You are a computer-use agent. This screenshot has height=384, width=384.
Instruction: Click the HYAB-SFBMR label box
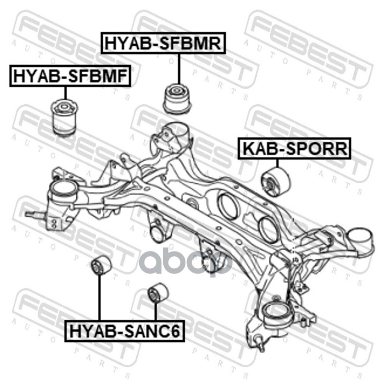[163, 43]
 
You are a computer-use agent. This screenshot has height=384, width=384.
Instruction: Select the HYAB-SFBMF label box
[70, 76]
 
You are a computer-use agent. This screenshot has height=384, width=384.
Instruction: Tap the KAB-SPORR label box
[295, 148]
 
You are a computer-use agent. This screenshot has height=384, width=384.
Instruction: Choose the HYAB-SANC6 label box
[124, 331]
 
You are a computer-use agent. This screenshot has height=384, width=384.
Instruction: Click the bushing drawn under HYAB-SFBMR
[177, 99]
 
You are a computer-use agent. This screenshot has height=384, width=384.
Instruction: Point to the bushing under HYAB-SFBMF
[65, 117]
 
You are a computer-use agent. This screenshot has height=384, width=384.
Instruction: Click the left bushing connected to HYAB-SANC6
[101, 265]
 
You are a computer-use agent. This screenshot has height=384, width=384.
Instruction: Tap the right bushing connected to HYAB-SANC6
[158, 292]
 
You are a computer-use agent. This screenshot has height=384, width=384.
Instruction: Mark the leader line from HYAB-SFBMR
[179, 69]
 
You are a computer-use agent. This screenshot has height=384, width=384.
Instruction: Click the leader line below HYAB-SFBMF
[65, 93]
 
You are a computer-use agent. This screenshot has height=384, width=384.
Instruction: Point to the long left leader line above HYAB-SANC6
[99, 297]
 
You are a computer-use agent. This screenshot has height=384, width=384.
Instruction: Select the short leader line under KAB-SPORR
[277, 164]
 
